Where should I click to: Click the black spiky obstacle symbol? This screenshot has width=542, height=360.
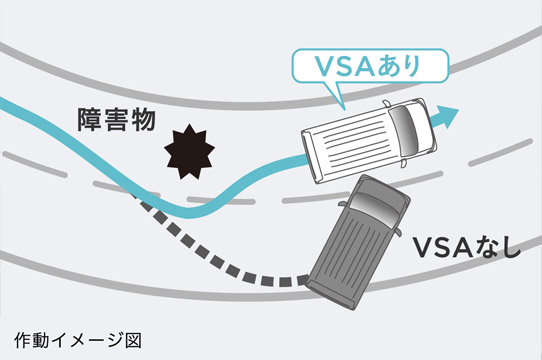click(x=189, y=151)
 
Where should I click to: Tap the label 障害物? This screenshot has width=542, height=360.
click(x=116, y=120)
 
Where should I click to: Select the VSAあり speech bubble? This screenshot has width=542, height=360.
click(x=354, y=68)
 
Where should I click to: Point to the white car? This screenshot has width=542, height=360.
click(x=364, y=139)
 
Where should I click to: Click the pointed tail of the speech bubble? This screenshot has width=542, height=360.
click(x=340, y=99)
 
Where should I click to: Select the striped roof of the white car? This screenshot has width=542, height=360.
click(x=350, y=145)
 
